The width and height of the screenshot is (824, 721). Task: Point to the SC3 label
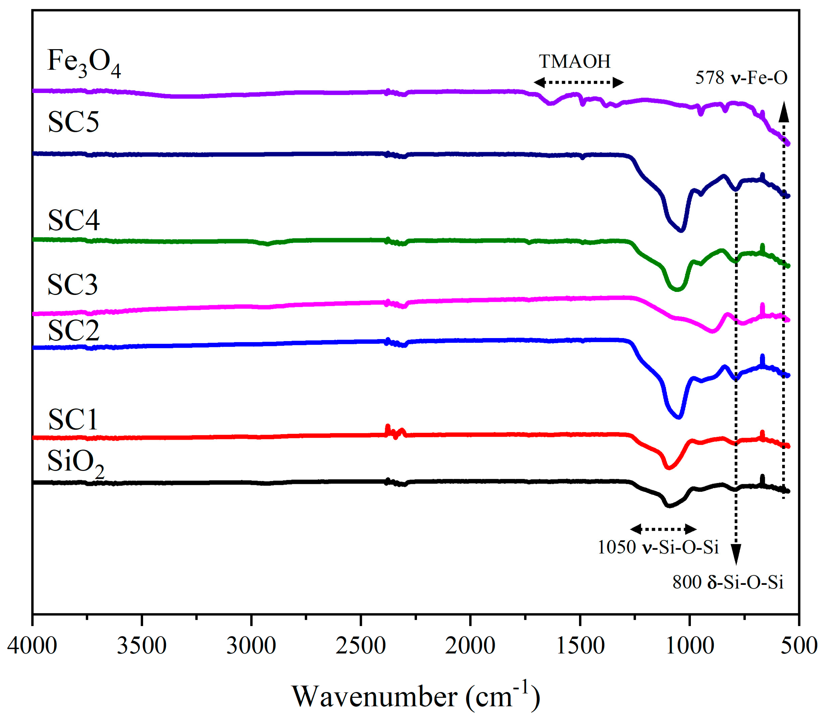pyautogui.click(x=72, y=285)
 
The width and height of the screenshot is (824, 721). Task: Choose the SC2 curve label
pyautogui.click(x=74, y=330)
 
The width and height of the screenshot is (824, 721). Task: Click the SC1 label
pyautogui.click(x=73, y=420)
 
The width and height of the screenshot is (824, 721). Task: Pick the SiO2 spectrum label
pyautogui.click(x=76, y=462)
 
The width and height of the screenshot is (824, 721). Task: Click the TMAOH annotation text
pyautogui.click(x=574, y=61)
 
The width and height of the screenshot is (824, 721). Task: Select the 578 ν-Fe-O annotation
pyautogui.click(x=741, y=78)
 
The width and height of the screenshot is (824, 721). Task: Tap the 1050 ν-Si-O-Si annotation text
pyautogui.click(x=658, y=547)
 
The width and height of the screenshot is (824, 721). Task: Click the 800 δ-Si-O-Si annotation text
pyautogui.click(x=728, y=582)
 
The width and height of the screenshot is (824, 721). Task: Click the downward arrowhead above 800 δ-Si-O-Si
pyautogui.click(x=736, y=555)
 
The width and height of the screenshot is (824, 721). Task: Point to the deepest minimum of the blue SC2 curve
pyautogui.click(x=679, y=417)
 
